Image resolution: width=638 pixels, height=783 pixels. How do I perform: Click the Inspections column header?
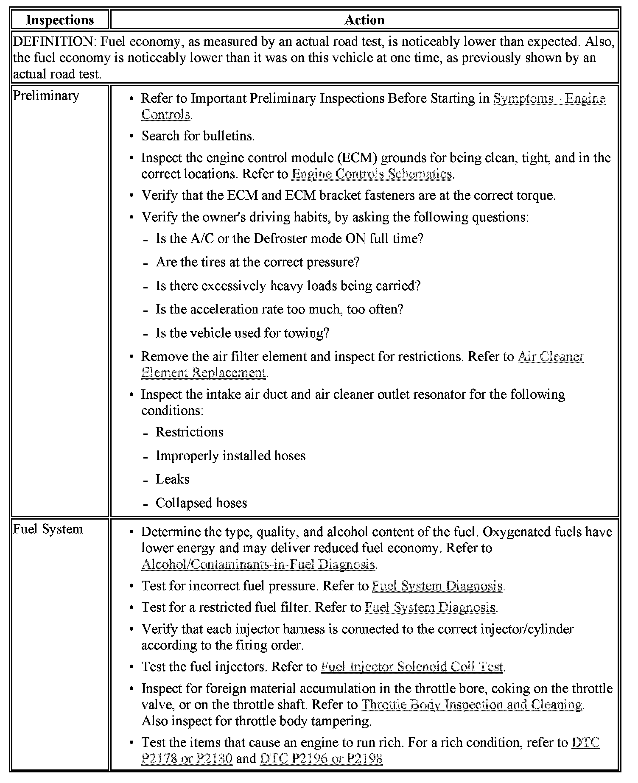tap(60, 20)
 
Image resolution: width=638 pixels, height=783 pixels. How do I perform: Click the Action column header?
tap(364, 20)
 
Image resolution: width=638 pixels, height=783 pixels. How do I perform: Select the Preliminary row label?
tap(46, 96)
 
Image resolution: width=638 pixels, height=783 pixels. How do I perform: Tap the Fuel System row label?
tap(48, 529)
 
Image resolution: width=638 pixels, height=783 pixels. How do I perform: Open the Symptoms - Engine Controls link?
tap(549, 98)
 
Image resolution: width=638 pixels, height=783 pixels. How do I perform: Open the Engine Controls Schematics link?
tap(372, 174)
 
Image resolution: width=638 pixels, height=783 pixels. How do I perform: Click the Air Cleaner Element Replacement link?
tap(551, 356)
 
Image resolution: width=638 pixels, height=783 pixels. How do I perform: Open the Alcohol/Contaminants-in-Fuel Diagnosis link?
tap(258, 564)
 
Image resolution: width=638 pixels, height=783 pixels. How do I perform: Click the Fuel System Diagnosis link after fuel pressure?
tap(437, 586)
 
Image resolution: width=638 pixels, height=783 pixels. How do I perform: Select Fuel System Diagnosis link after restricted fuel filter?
tap(430, 607)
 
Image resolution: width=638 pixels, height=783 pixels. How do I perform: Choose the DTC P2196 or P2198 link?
tap(321, 758)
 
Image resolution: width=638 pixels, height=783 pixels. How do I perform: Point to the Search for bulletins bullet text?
tap(198, 136)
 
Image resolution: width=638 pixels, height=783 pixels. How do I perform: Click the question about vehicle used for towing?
tap(242, 333)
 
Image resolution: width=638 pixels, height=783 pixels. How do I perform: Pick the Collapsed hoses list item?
tap(201, 503)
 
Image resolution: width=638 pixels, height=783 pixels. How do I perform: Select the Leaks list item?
tap(172, 479)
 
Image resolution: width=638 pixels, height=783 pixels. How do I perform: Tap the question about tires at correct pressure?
tap(257, 262)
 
